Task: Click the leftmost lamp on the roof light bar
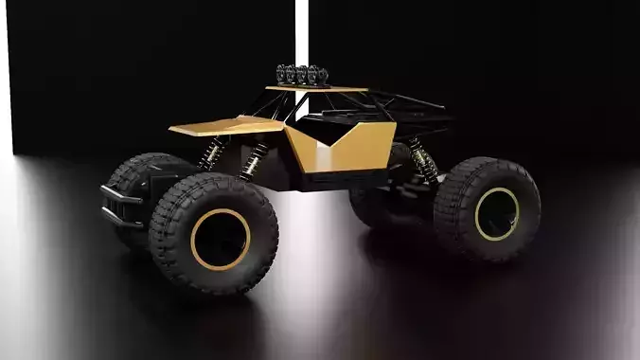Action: (x=281, y=74)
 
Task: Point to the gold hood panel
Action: (x=227, y=126)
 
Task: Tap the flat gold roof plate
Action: (x=317, y=90)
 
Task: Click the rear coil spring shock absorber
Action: (x=423, y=161)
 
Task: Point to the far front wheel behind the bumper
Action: (x=133, y=180)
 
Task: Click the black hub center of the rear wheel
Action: (x=496, y=213)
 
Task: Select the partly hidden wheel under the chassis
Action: (x=374, y=204)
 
